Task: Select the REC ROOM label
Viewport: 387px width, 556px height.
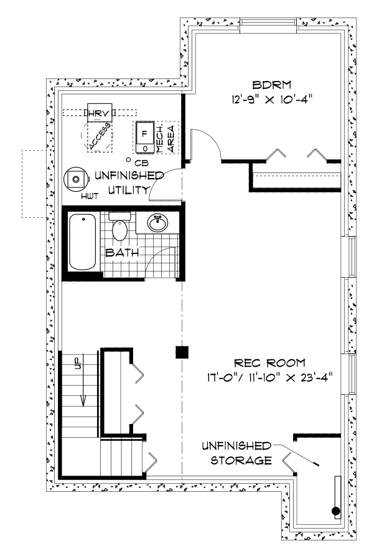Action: pyautogui.click(x=269, y=363)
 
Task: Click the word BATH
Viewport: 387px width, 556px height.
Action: pyautogui.click(x=122, y=253)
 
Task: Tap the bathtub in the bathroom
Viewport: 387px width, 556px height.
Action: pyautogui.click(x=82, y=242)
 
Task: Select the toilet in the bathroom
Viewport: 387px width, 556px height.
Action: pyautogui.click(x=120, y=227)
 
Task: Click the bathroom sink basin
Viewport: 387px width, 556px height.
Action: pyautogui.click(x=157, y=223)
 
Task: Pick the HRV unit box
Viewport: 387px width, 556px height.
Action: pyautogui.click(x=100, y=113)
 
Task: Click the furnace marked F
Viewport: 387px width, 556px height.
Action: pyautogui.click(x=145, y=137)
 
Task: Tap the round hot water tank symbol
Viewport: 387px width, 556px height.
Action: pyautogui.click(x=75, y=179)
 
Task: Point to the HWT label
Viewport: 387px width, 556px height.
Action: pyautogui.click(x=90, y=196)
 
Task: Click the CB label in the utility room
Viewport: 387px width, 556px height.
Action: pyautogui.click(x=141, y=164)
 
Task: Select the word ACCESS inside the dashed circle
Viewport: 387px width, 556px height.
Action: pyautogui.click(x=100, y=136)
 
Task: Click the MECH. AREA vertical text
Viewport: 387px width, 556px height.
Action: pyautogui.click(x=165, y=139)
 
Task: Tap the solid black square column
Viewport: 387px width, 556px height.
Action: pyautogui.click(x=182, y=352)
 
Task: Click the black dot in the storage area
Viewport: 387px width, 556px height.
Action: pyautogui.click(x=335, y=511)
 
